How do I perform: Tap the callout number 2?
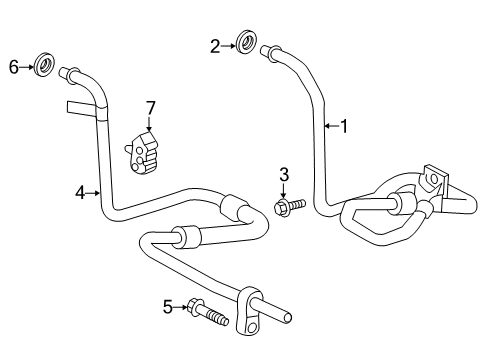tap(214, 44)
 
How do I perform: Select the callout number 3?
tap(283, 177)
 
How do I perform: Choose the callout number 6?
tap(14, 67)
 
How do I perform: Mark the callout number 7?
tap(150, 107)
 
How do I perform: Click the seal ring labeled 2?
tap(242, 44)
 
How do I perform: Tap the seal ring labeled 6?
tap(43, 67)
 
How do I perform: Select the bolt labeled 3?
tap(286, 207)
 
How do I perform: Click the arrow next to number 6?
tap(26, 67)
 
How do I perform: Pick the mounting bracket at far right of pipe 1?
tap(436, 182)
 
